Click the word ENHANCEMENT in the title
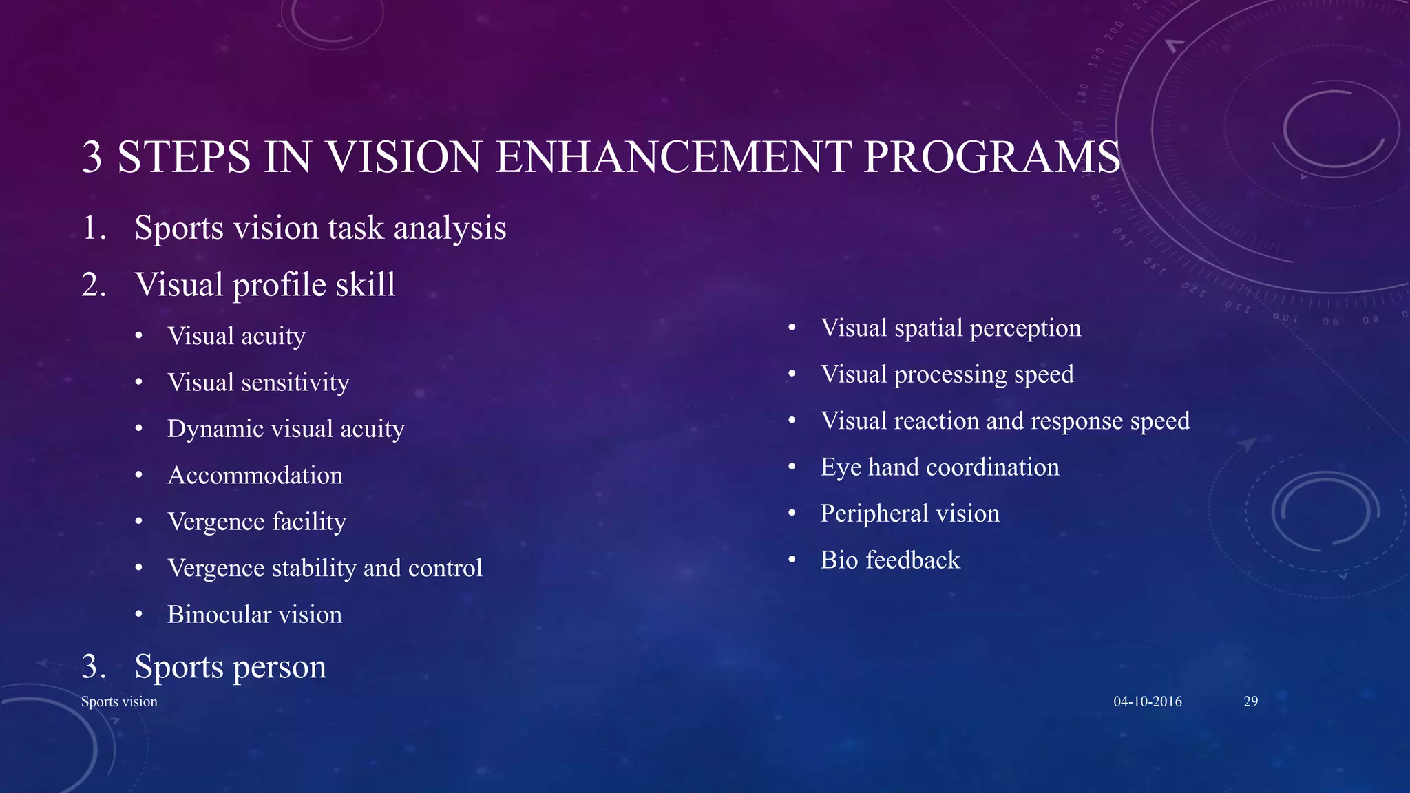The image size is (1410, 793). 672,157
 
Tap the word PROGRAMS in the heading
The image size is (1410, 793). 991,157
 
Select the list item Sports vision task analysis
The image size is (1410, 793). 320,228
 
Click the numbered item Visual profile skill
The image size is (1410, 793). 265,285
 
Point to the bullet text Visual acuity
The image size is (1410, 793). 236,337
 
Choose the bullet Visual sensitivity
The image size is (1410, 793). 258,383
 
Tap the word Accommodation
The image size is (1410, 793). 255,476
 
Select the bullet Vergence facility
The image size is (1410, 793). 256,522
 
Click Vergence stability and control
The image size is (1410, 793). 324,569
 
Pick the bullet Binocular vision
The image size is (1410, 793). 254,615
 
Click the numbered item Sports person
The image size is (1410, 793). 230,667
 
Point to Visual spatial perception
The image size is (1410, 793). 950,328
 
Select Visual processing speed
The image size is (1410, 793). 947,374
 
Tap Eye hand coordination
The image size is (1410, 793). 939,467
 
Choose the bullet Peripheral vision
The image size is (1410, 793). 909,514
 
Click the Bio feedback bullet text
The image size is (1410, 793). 890,560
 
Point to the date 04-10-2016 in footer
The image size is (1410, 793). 1147,701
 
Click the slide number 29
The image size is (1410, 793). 1250,701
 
